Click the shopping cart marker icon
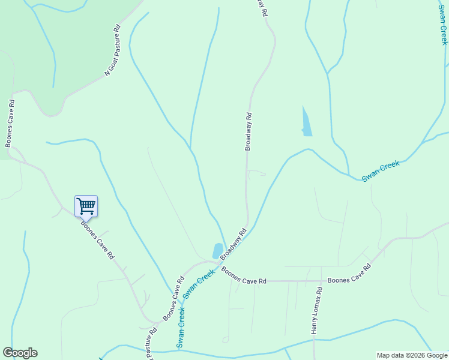tap(86, 206)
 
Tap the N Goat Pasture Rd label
tap(112, 50)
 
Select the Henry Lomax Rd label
tap(316, 310)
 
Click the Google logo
tap(20, 353)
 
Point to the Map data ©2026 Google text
tap(412, 355)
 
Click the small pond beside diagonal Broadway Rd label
tap(218, 250)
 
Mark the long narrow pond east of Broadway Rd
tap(306, 122)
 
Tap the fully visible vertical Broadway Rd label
tap(248, 131)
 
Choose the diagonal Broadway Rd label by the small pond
tap(234, 244)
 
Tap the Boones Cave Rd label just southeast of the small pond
tap(244, 277)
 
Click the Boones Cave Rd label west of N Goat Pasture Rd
tap(10, 124)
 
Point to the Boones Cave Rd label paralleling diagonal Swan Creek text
tap(173, 298)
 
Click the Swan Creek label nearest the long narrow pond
tap(381, 172)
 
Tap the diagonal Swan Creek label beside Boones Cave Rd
tap(199, 284)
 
